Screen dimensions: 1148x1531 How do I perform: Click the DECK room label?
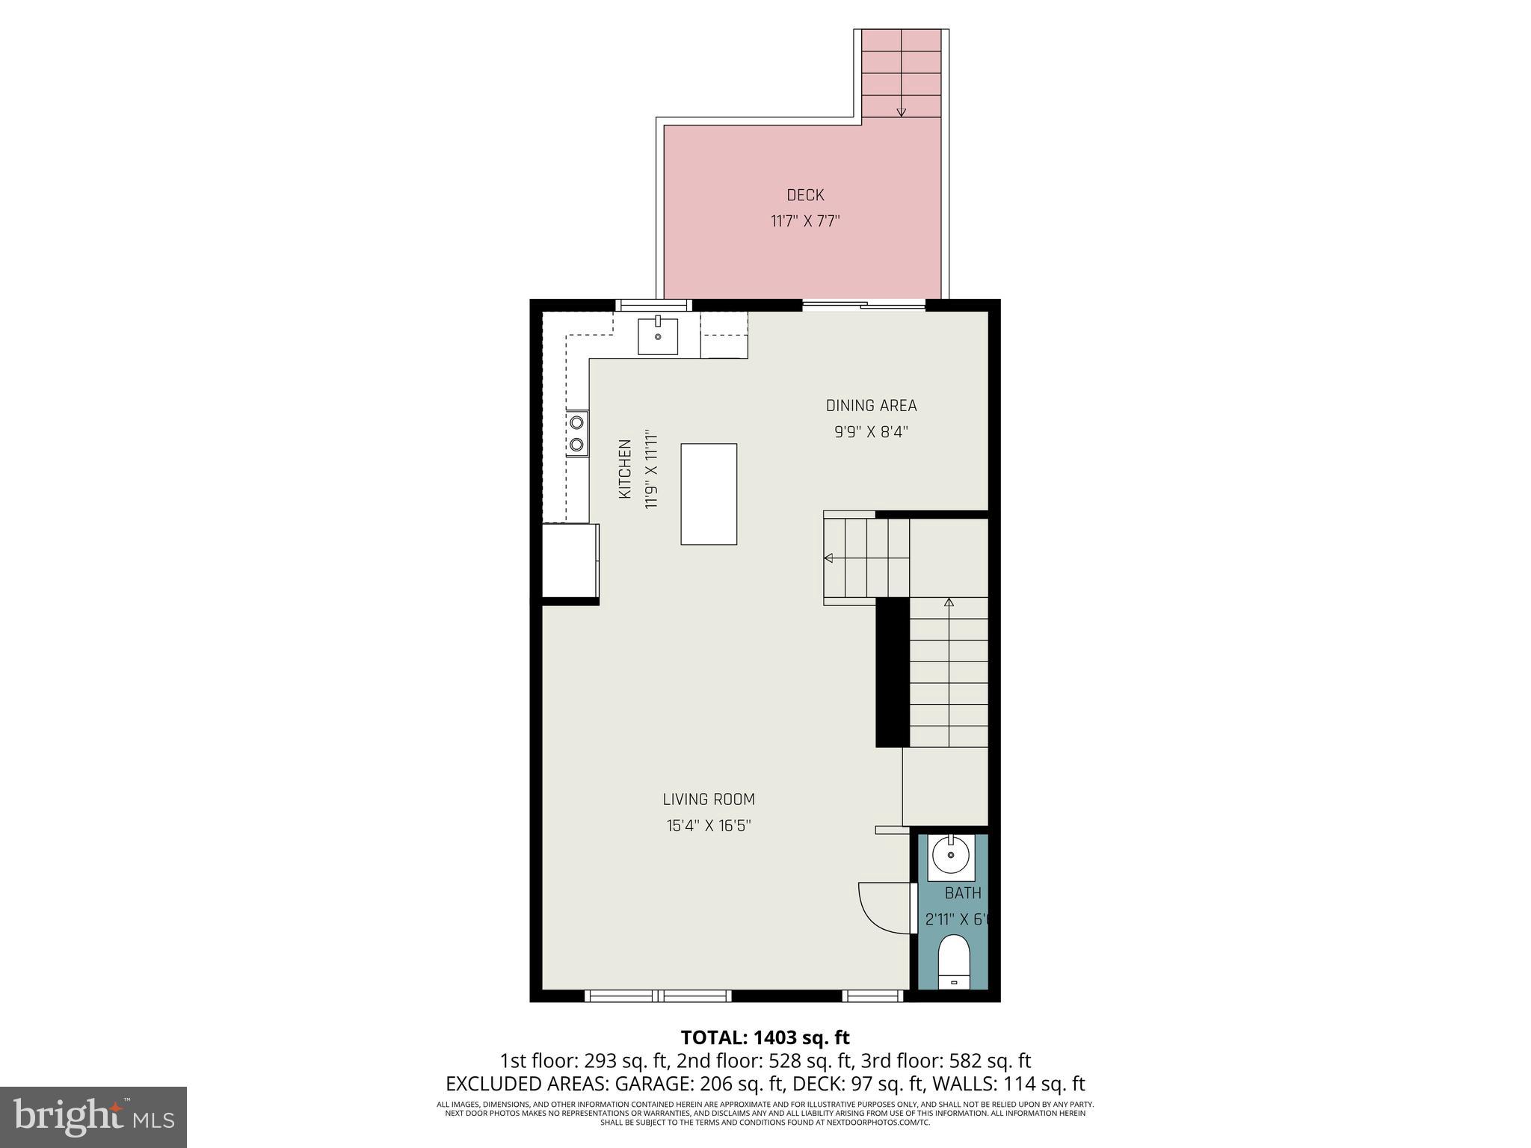pyautogui.click(x=805, y=195)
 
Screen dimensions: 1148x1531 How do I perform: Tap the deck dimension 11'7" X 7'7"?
pyautogui.click(x=805, y=221)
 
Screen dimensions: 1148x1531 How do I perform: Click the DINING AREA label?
pyautogui.click(x=871, y=406)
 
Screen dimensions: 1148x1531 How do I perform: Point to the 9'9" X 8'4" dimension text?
pyautogui.click(x=871, y=432)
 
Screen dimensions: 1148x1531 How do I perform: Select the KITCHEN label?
pyautogui.click(x=625, y=469)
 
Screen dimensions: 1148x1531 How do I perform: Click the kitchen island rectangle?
pyautogui.click(x=709, y=494)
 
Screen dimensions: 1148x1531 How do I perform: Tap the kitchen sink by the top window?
pyautogui.click(x=658, y=336)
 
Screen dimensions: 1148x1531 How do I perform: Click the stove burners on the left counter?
pyautogui.click(x=576, y=433)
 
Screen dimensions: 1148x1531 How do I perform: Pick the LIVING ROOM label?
pyautogui.click(x=709, y=799)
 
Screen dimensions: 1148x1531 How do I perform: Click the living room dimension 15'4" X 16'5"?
pyautogui.click(x=709, y=826)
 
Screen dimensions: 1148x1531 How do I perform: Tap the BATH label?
pyautogui.click(x=962, y=893)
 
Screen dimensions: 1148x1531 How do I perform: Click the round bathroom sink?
pyautogui.click(x=950, y=856)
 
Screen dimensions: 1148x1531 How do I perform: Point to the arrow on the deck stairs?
pyautogui.click(x=901, y=111)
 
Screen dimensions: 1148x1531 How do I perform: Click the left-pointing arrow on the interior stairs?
pyautogui.click(x=828, y=558)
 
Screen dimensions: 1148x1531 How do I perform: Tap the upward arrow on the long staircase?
pyautogui.click(x=949, y=602)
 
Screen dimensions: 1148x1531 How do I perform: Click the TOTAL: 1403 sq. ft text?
pyautogui.click(x=765, y=1037)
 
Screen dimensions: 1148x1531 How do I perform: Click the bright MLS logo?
pyautogui.click(x=93, y=1117)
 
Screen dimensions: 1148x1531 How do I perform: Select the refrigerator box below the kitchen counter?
pyautogui.click(x=570, y=561)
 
